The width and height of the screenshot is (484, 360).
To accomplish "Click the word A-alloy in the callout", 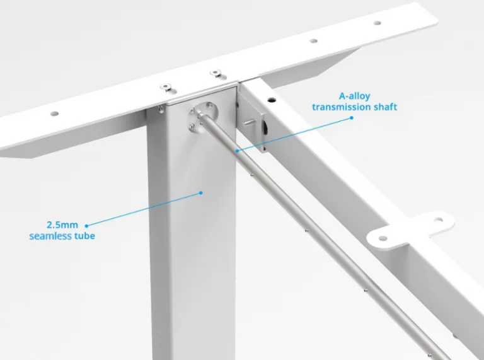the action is click(x=354, y=96).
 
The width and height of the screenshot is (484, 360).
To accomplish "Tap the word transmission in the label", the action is click(x=342, y=107).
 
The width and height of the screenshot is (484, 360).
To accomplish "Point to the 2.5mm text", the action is click(x=62, y=225).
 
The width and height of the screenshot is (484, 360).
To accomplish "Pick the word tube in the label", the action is click(x=84, y=236).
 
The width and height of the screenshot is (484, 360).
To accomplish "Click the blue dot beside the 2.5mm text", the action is click(x=86, y=226).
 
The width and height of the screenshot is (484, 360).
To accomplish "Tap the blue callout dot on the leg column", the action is click(x=201, y=193).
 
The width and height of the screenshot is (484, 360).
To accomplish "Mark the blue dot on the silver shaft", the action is click(x=237, y=151).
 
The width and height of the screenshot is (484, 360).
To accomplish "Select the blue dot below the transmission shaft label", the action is click(x=352, y=118).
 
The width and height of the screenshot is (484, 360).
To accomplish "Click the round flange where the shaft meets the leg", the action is click(x=204, y=118).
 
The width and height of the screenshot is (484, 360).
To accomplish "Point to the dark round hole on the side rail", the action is click(x=272, y=100).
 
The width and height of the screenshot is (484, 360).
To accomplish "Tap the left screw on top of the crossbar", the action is click(x=166, y=87).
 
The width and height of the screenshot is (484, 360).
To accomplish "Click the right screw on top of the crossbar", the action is click(x=216, y=73).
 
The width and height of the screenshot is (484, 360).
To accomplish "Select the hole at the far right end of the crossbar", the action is click(x=377, y=23).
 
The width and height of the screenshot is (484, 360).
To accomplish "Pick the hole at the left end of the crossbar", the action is click(x=55, y=113).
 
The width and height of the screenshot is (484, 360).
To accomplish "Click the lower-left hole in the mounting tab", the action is click(x=383, y=238).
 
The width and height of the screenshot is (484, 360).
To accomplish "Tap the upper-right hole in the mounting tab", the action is click(x=439, y=220).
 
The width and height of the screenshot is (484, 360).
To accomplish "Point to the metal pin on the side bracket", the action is click(x=250, y=123).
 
